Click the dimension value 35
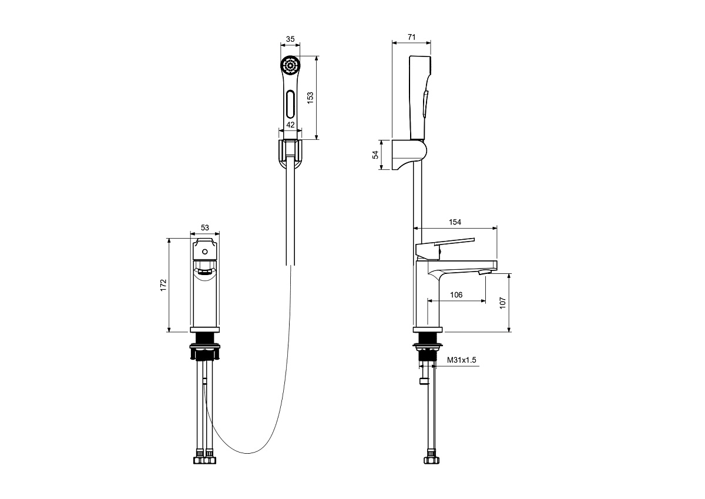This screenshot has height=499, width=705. [290, 39]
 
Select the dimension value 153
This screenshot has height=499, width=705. [310, 98]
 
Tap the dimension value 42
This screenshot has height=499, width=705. [290, 125]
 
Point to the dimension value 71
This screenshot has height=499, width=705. [412, 37]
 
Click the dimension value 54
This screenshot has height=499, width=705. [375, 155]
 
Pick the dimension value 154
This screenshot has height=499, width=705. [455, 222]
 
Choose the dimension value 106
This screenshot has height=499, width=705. [456, 295]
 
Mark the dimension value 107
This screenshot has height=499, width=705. [503, 303]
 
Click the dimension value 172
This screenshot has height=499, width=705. [163, 285]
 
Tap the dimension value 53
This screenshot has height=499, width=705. [204, 227]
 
